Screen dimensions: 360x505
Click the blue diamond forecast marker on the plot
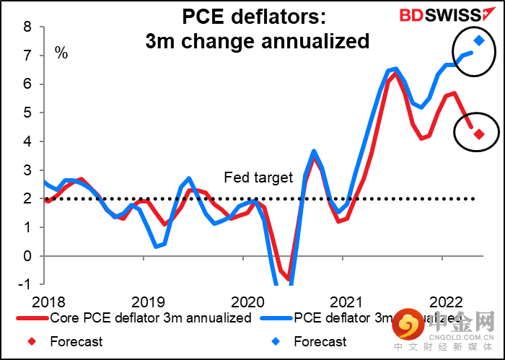point(478,40)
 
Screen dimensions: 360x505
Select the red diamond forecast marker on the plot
point(478,133)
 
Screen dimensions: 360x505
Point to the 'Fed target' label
point(258,177)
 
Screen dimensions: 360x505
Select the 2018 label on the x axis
point(45,301)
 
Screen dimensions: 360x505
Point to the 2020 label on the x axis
point(248,301)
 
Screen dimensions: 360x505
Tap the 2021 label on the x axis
point(348,301)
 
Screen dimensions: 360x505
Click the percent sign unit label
point(61,53)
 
